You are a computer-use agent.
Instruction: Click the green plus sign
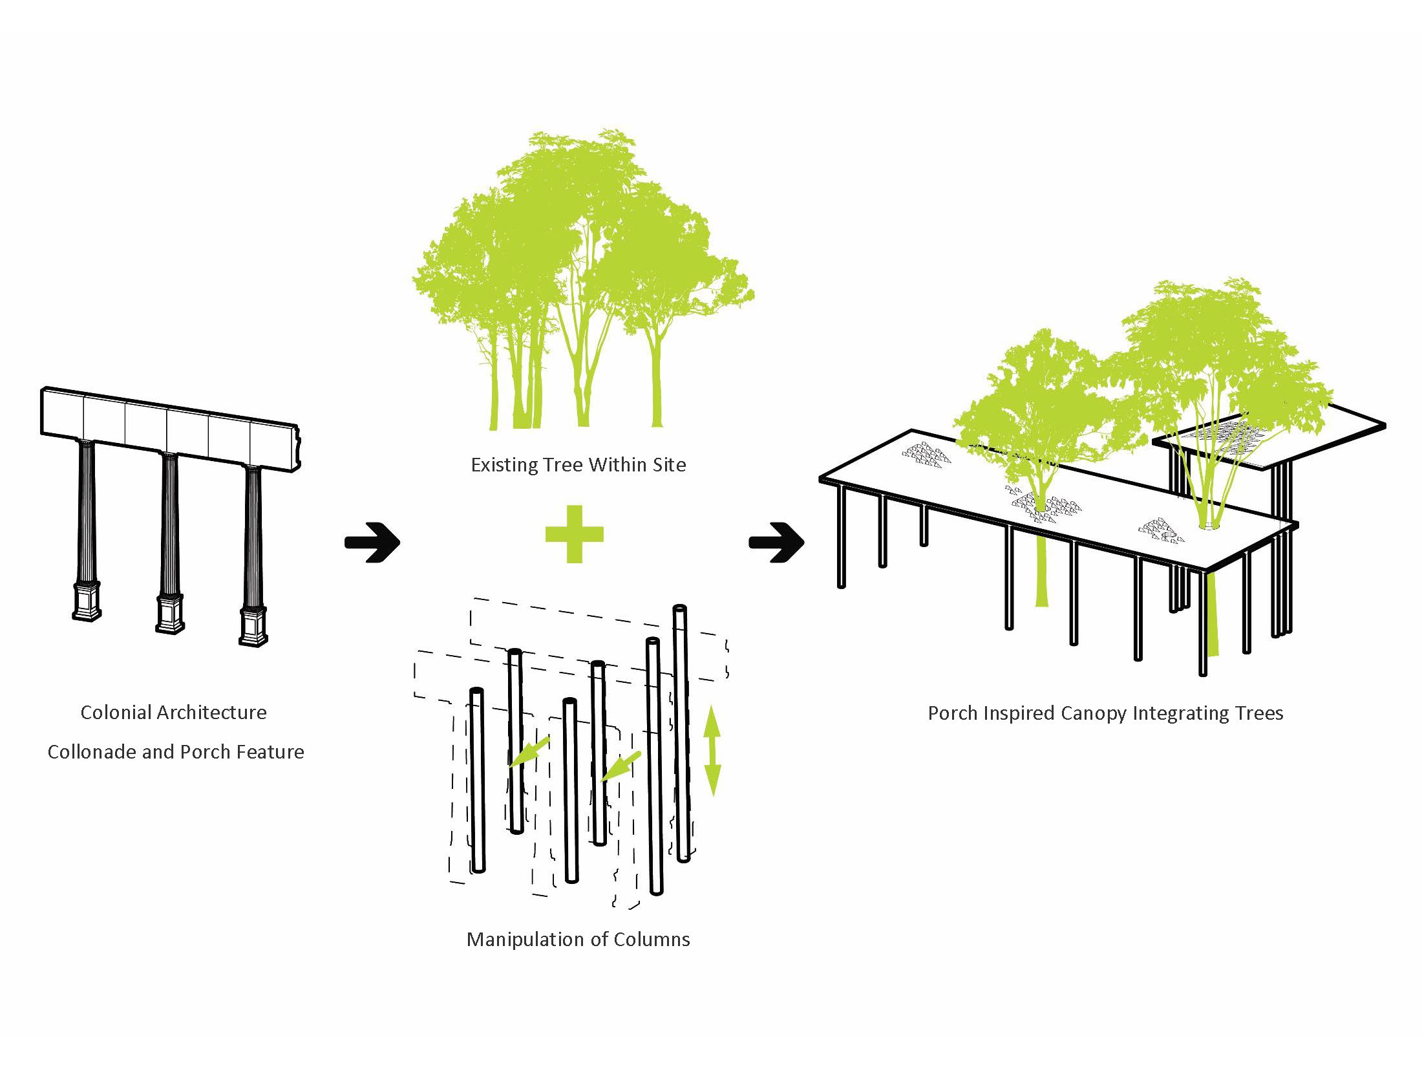[x=574, y=534]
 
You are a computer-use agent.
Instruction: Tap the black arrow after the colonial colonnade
[x=372, y=542]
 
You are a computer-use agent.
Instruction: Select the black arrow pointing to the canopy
[x=776, y=542]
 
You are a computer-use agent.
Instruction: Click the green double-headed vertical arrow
[x=712, y=750]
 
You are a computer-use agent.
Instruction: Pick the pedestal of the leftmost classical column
[x=87, y=601]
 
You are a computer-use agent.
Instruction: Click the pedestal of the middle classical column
[x=171, y=614]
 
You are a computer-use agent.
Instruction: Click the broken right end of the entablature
[x=297, y=446]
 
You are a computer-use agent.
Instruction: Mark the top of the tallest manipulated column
[x=679, y=609]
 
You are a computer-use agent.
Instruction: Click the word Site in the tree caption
[x=670, y=465]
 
